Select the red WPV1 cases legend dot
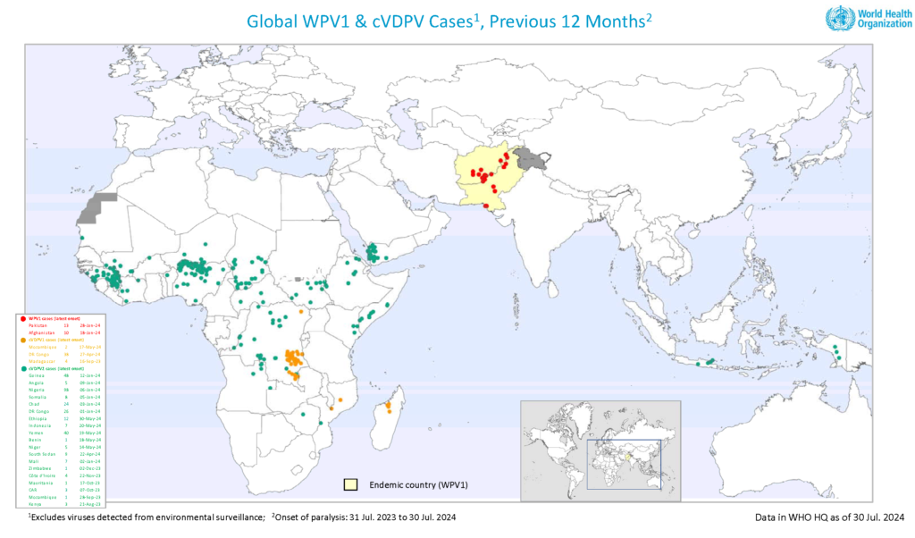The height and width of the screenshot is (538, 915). point(23,317)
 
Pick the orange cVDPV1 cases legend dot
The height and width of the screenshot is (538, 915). point(23,340)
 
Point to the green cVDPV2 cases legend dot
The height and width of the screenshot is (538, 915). point(23,368)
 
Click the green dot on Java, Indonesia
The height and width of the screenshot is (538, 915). point(710,362)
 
